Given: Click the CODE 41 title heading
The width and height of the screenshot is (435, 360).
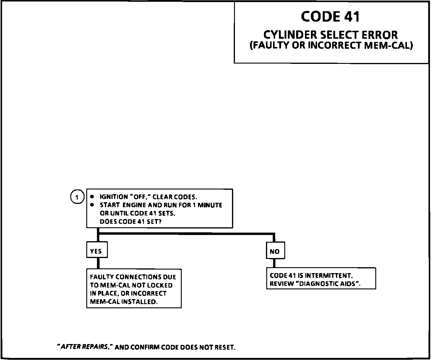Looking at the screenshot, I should [x=330, y=17].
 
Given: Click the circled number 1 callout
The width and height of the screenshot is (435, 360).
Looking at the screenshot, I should [x=77, y=197].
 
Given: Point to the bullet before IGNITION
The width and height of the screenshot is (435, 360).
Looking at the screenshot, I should [x=92, y=197].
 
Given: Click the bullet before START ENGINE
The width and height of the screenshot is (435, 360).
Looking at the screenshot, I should [x=92, y=205].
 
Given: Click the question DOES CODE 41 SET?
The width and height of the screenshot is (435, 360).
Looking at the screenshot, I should [x=131, y=222].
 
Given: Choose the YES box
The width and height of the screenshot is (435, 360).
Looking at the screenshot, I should [x=96, y=251].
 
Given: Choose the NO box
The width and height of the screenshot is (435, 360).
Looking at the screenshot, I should [x=275, y=251].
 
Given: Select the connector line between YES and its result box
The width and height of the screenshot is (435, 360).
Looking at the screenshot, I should [x=98, y=263].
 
